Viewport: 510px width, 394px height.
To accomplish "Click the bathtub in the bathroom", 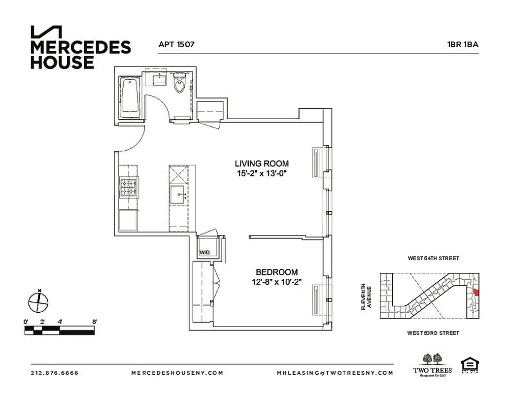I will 130,97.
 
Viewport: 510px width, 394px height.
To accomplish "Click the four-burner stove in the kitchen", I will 130,188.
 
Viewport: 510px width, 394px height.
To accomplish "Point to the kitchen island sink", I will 178,195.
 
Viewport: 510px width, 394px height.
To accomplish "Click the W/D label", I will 204,253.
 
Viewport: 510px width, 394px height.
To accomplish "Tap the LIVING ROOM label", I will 261,164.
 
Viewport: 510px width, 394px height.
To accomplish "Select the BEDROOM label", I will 276,272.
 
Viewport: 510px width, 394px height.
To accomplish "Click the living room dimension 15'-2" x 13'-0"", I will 261,173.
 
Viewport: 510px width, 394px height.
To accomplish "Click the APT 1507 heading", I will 176,44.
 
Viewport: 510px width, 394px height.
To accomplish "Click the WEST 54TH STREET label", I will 433,258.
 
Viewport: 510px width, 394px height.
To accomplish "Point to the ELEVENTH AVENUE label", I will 365,296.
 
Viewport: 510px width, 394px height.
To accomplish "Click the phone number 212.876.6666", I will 54,373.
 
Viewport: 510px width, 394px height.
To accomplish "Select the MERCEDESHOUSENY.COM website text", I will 177,373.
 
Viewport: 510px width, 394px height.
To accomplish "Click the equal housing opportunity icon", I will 470,365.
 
